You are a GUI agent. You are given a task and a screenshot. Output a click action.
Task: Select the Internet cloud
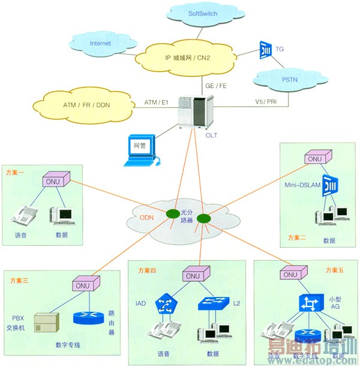tap(101, 43)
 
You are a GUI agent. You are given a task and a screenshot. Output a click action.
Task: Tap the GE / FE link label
tap(214, 85)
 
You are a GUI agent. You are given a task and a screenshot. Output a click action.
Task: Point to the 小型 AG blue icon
tap(310, 304)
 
